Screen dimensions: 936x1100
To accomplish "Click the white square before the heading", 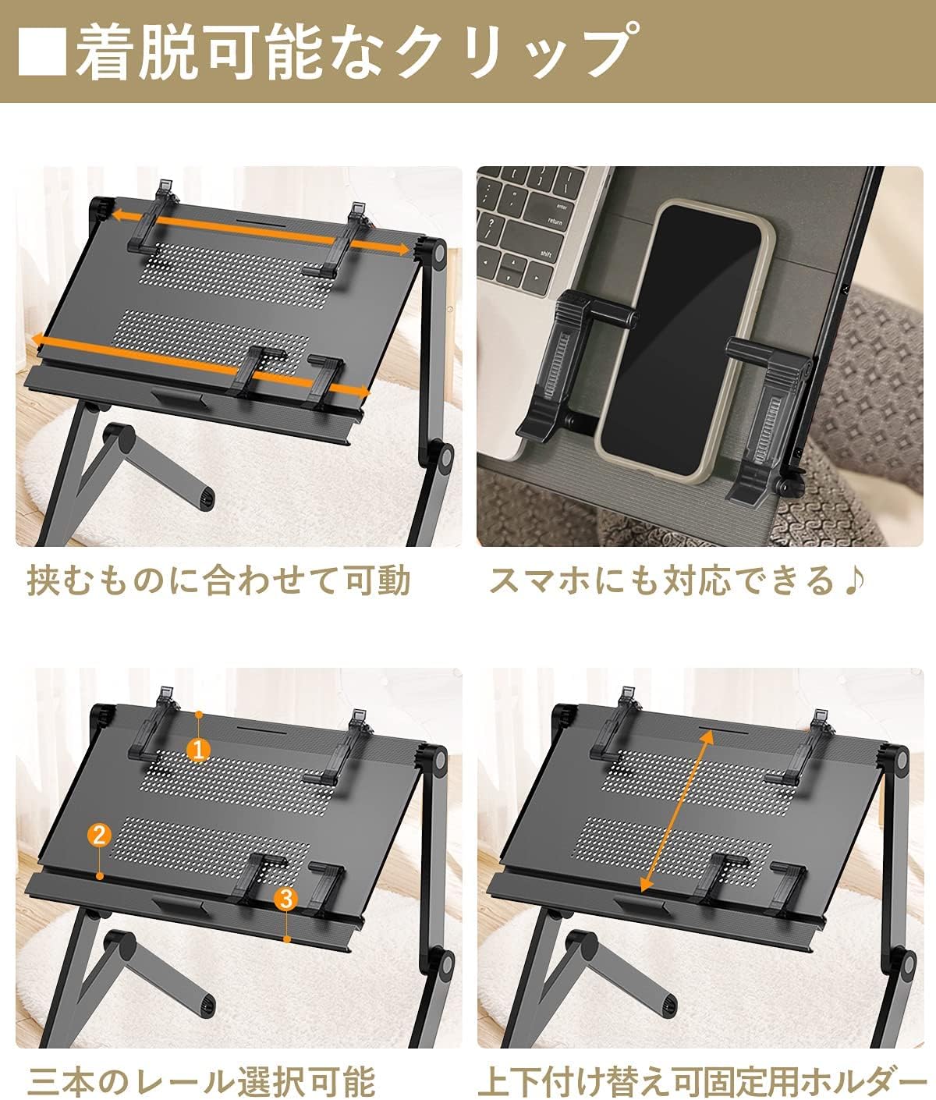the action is (42, 51).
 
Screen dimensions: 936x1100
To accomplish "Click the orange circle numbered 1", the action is (198, 750).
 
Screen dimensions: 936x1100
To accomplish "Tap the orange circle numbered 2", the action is (100, 835).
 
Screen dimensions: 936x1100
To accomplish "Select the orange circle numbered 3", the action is (286, 899).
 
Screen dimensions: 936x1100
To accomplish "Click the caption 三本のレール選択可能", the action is (201, 1080).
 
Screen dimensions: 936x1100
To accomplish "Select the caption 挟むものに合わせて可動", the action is (218, 580).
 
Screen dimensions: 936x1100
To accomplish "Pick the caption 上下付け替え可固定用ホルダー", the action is (705, 1080).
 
